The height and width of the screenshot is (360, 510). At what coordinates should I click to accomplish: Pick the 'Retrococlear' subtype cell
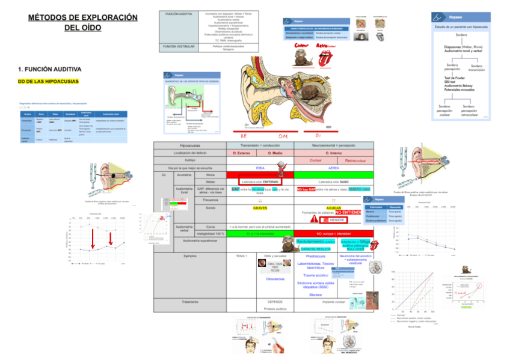[347, 160]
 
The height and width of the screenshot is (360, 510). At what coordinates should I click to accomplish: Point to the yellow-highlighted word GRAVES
[260, 207]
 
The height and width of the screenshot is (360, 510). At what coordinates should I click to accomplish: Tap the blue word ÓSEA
[260, 168]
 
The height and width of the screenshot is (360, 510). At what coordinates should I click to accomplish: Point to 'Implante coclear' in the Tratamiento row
[333, 301]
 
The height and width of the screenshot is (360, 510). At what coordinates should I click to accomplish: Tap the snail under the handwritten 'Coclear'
[301, 58]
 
